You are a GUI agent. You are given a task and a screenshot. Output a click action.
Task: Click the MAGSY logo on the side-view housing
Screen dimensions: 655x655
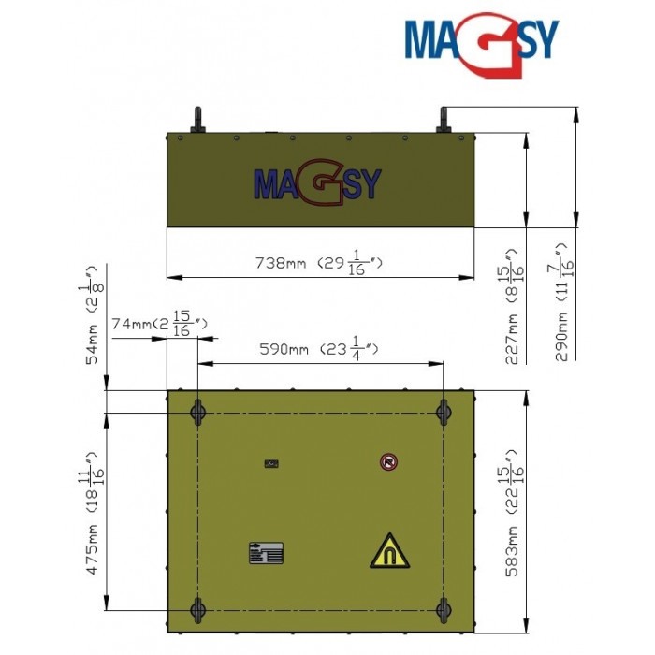317,182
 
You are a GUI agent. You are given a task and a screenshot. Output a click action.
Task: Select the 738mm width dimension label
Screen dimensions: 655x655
319,263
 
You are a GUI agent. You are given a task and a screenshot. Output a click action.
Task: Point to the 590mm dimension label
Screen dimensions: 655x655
317,350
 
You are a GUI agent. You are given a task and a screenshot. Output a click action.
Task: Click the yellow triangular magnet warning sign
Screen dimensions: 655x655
389,551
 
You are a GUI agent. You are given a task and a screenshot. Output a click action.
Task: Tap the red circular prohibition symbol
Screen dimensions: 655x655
388,461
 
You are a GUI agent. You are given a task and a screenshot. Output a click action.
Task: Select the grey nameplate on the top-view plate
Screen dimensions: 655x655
264,554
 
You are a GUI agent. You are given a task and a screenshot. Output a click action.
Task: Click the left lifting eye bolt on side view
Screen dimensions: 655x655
197,122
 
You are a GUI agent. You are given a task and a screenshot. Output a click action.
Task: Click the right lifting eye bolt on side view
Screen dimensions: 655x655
444,121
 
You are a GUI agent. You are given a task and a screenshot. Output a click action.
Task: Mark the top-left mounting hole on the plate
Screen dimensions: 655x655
197,412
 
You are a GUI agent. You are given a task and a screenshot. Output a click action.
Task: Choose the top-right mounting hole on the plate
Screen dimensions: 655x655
444,412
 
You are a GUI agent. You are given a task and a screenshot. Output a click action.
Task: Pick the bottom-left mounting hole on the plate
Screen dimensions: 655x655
197,610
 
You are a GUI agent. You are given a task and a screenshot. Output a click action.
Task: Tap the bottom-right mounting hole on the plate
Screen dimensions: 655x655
444,610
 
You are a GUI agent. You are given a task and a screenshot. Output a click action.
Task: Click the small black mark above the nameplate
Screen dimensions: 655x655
271,463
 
